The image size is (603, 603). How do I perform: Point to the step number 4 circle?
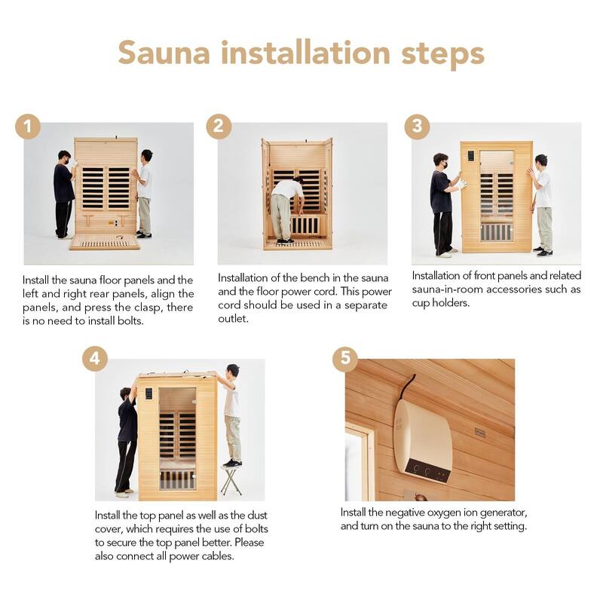[95, 357]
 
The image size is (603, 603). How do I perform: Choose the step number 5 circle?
[345, 357]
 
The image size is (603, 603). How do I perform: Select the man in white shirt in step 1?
[144, 192]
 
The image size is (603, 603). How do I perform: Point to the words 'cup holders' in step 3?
[442, 303]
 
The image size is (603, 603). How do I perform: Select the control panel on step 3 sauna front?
[471, 156]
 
